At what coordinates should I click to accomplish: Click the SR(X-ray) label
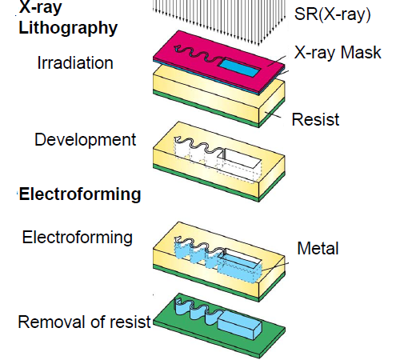(x=333, y=14)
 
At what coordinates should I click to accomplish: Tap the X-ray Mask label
(x=338, y=52)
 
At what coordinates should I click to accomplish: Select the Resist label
(x=315, y=119)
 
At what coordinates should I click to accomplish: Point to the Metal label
(x=318, y=248)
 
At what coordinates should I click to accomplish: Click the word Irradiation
(x=75, y=63)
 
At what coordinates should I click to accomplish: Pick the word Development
(x=86, y=139)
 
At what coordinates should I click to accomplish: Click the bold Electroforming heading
(x=80, y=194)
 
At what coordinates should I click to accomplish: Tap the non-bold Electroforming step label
(x=78, y=238)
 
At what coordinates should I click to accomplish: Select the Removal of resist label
(x=85, y=322)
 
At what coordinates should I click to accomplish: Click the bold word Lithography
(x=68, y=28)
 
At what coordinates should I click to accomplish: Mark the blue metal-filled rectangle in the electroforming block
(x=239, y=266)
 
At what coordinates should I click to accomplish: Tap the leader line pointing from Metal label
(x=274, y=266)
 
